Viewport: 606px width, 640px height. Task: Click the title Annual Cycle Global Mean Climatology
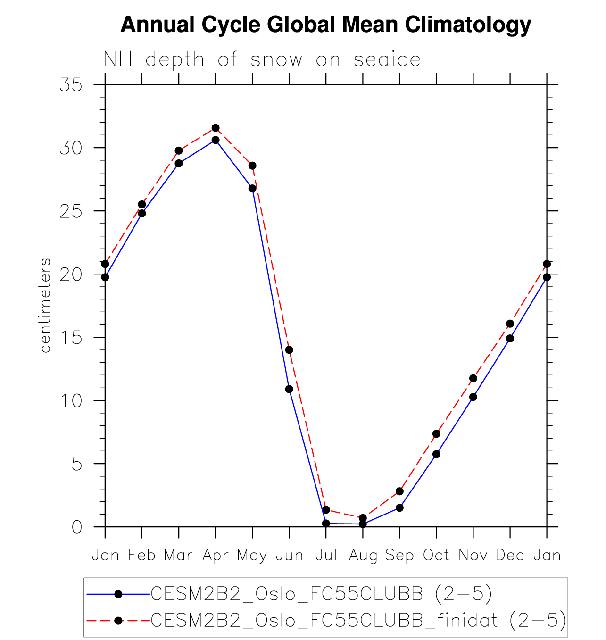[x=326, y=25]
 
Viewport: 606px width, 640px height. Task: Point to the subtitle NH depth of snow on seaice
[x=262, y=60]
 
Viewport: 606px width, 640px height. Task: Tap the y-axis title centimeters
[x=45, y=306]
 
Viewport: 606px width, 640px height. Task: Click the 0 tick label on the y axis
[x=77, y=527]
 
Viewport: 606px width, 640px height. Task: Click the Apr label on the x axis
[x=216, y=556]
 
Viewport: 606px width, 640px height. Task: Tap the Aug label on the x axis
[x=363, y=556]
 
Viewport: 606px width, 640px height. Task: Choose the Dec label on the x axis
[x=510, y=556]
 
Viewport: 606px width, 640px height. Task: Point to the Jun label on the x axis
[x=289, y=556]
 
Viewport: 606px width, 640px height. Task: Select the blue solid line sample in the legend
[x=118, y=594]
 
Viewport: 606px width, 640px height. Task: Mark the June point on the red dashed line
[x=289, y=349]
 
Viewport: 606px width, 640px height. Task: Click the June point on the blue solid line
[x=289, y=389]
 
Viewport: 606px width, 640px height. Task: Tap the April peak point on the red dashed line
[x=216, y=128]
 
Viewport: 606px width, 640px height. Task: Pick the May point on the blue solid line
[x=252, y=188]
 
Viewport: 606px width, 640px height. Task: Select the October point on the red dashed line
[x=436, y=434]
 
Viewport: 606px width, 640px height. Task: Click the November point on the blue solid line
[x=473, y=397]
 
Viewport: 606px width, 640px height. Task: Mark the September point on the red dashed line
[x=399, y=491]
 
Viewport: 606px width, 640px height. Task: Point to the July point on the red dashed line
[x=326, y=510]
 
